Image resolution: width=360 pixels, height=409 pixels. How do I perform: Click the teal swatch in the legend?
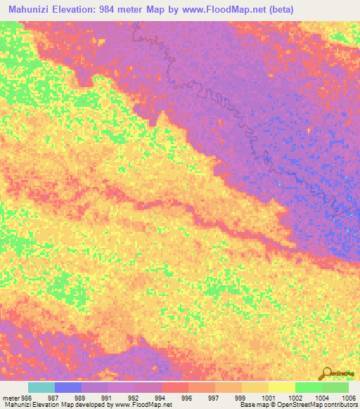(41, 387)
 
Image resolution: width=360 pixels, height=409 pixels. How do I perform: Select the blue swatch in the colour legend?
(67, 387)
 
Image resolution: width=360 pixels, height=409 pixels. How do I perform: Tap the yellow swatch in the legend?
(281, 387)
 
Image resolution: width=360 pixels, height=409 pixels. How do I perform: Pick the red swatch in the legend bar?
(174, 387)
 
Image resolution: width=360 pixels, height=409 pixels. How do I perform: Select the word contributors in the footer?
(341, 405)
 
